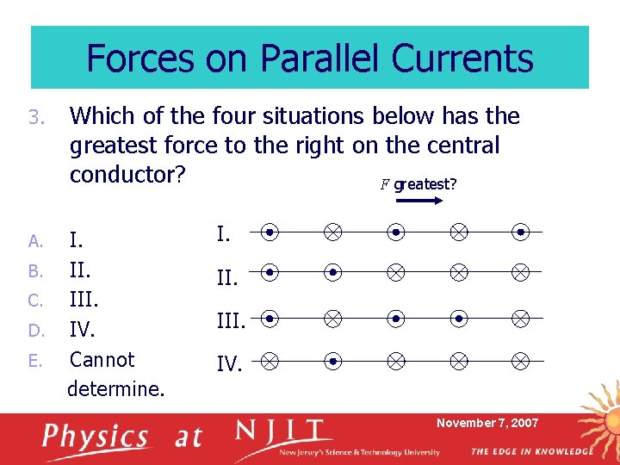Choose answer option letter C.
point(34,301)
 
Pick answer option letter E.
point(34,360)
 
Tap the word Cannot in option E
point(102,359)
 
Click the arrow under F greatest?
point(419,201)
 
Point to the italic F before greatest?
point(382,183)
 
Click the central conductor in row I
point(395,232)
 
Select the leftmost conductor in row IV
point(270,361)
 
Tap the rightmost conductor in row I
point(521,232)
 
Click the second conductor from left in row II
point(332,273)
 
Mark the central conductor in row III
point(395,319)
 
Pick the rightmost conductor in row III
point(521,319)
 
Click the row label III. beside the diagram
point(232,321)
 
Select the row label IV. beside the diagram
point(229,364)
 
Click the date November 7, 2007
point(487,423)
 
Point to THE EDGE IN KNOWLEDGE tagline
point(531,451)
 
